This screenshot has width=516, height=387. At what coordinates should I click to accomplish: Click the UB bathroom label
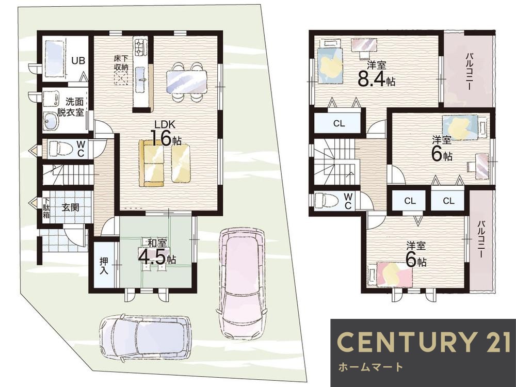pos(78,60)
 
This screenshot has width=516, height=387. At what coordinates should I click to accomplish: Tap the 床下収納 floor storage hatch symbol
pos(121,79)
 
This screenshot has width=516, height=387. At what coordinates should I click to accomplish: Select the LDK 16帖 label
pos(166,133)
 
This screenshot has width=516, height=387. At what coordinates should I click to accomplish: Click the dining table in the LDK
pos(187,82)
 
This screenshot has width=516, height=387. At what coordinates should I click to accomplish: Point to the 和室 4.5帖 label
pos(157,253)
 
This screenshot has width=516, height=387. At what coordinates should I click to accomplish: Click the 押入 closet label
pos(104,265)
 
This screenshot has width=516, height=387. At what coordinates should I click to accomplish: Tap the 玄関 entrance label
pos(70,207)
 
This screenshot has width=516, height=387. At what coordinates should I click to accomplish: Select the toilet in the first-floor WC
pos(61,149)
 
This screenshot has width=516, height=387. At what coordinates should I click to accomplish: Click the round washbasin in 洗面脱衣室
pos(51,122)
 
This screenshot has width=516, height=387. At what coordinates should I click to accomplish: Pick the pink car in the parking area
pos(242,283)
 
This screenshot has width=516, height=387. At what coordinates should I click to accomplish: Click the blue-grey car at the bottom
pos(145,337)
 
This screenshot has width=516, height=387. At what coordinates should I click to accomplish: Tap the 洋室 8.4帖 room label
pos(377,74)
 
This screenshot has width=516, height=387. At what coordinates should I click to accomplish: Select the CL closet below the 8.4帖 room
pos(339,123)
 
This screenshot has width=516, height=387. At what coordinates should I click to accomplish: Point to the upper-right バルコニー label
pos(469,70)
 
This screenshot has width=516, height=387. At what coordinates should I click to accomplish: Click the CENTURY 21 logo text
pos(424,342)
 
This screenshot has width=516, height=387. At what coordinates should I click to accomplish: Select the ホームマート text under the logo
pos(370,366)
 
